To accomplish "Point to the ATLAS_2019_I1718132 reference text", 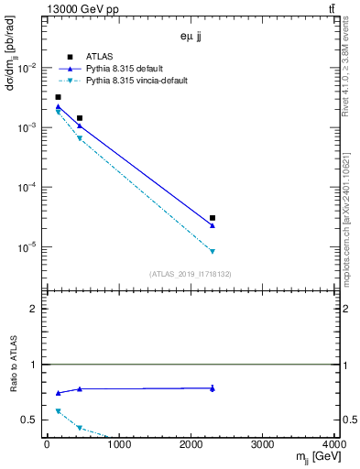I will pos(191,273).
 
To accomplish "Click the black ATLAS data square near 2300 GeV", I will pos(213,218).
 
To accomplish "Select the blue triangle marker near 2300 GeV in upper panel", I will pos(213,225).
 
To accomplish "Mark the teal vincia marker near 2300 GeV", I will pos(213,251).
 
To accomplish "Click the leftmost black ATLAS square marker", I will pos(58,97).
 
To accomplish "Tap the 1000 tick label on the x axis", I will pos(118,445).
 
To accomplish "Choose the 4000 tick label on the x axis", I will pos(335,445).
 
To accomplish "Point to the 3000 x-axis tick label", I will pos(263,445).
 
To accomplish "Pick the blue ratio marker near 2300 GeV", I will pos(213,388).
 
